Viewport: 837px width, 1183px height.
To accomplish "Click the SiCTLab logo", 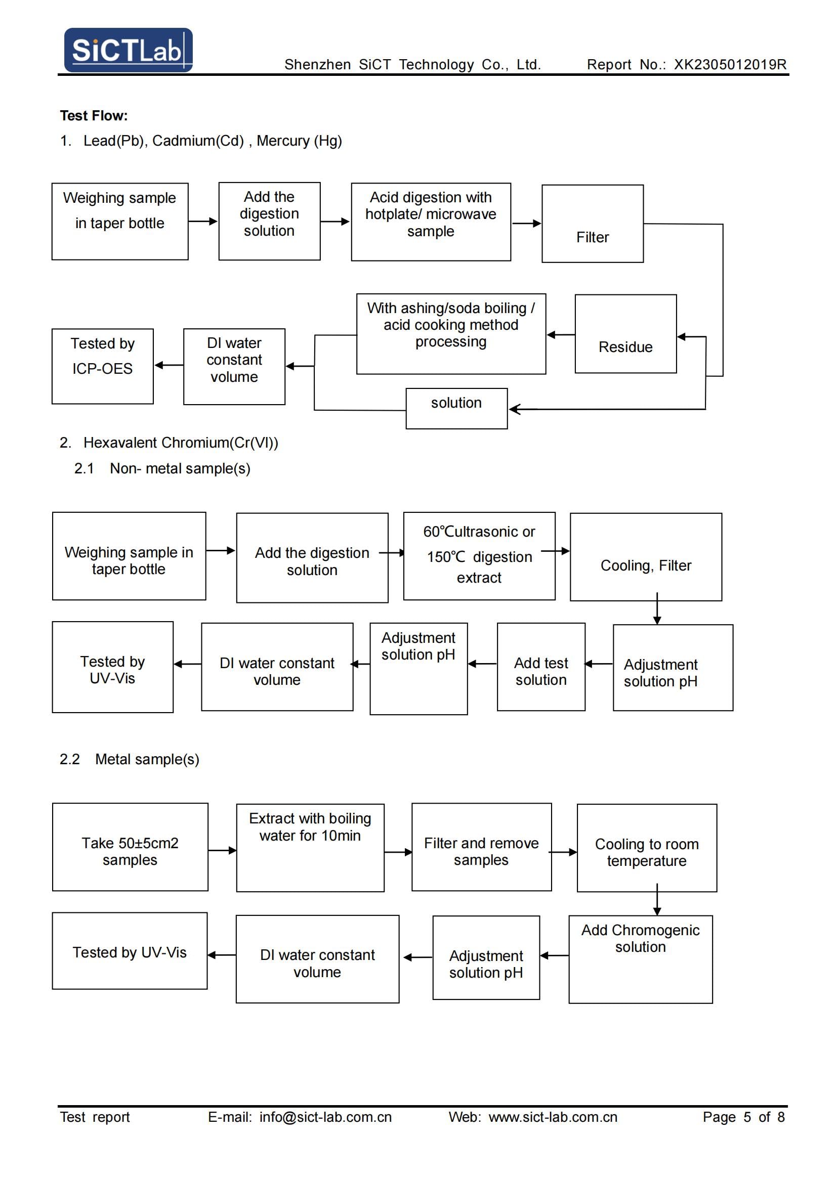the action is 129,50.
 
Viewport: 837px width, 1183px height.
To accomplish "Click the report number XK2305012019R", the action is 730,64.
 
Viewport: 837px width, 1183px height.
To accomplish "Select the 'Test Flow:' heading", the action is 94,115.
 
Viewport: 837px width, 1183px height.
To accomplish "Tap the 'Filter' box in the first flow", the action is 592,224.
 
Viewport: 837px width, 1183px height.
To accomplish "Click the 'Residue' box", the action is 625,334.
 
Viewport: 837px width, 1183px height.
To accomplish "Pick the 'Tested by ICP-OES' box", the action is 103,366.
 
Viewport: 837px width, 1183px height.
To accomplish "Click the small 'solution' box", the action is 456,409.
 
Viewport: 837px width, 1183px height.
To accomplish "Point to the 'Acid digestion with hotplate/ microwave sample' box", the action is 431,222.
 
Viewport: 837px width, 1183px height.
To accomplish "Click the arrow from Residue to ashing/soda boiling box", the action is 561,335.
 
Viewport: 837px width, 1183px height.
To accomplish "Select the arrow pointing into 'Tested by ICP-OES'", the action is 169,365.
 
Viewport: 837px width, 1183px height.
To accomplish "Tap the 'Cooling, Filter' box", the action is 646,557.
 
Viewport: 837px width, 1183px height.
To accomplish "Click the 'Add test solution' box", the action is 541,667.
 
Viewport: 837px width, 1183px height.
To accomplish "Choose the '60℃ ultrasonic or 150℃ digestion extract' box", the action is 479,556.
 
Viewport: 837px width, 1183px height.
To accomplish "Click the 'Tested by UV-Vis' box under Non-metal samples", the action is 112,667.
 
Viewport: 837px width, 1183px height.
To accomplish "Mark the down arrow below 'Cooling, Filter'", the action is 657,608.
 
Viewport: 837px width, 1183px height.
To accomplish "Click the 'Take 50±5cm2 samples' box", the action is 130,847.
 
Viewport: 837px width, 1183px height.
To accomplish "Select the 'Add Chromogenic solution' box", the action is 641,959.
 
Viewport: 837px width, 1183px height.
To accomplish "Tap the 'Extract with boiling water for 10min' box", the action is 310,848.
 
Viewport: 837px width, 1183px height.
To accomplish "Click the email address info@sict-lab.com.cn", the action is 326,1117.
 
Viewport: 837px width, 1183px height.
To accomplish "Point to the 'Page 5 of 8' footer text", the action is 744,1117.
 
